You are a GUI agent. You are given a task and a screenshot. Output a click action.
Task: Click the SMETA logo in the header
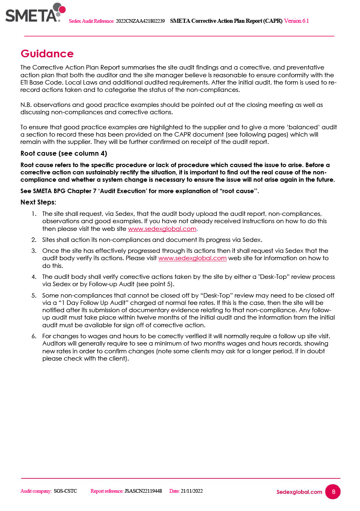[35, 13]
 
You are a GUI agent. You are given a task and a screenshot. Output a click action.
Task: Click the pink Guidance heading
[47, 54]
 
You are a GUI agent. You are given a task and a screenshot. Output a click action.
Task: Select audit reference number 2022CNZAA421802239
[140, 21]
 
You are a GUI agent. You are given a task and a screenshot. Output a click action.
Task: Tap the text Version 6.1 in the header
[296, 21]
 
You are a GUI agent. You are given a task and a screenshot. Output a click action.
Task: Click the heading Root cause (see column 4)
[63, 153]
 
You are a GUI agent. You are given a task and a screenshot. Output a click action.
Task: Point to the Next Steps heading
[38, 202]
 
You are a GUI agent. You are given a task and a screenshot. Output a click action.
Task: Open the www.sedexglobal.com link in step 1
[162, 228]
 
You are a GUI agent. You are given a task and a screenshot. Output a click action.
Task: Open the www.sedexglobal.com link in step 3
[192, 258]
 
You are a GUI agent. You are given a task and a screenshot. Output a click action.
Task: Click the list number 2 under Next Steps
[34, 239]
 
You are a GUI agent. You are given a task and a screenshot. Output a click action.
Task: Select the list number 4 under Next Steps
[34, 277]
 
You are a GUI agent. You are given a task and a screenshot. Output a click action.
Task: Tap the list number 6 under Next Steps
[34, 336]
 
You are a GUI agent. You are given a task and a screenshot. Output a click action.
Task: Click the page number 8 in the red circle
[333, 491]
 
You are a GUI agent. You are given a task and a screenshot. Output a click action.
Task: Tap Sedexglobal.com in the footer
[299, 492]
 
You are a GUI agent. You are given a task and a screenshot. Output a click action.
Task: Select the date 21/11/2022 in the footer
[192, 491]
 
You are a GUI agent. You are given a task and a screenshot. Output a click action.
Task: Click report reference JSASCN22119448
[143, 491]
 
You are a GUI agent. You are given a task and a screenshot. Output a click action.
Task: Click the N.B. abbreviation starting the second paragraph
[26, 105]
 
